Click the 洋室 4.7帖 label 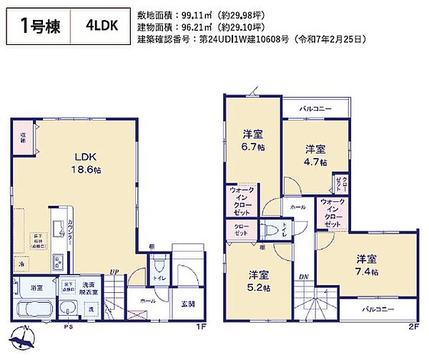pyautogui.click(x=316, y=155)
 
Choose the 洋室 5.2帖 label pyautogui.click(x=259, y=281)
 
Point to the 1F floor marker pyautogui.click(x=202, y=326)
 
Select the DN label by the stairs pyautogui.click(x=303, y=276)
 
